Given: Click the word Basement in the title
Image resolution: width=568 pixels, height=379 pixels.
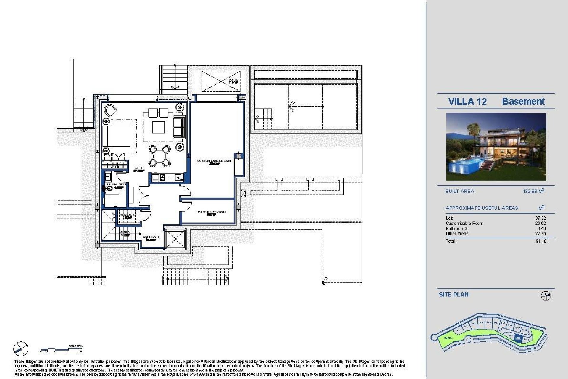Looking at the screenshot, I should (523, 102).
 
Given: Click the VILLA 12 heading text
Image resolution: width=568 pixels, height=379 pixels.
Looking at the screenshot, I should (467, 102).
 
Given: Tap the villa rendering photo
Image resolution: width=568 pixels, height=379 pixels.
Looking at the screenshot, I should (496, 147).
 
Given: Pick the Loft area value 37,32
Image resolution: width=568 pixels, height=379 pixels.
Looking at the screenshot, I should (540, 218).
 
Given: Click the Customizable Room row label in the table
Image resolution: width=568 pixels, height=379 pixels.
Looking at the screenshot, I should (464, 224).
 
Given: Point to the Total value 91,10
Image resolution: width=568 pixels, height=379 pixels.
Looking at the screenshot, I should (540, 241).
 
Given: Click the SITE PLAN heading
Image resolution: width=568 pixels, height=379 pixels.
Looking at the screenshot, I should (454, 295).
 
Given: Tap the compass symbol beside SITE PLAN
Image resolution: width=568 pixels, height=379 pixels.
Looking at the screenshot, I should (546, 296).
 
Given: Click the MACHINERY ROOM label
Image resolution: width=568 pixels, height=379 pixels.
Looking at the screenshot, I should (212, 212).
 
